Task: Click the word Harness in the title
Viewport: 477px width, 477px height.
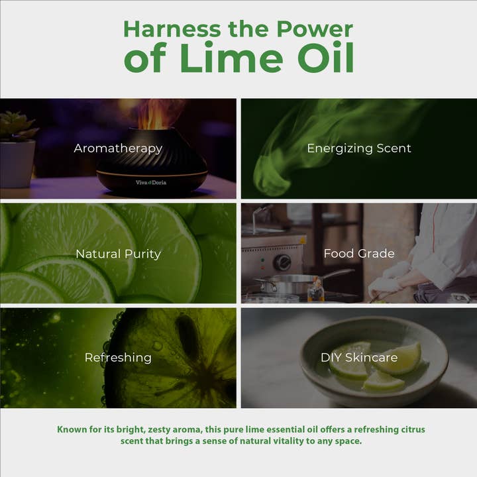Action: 172,29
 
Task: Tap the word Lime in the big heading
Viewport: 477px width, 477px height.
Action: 231,58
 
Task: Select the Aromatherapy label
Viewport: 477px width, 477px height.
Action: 118,149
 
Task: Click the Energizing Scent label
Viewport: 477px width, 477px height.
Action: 359,148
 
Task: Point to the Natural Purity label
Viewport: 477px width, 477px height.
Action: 118,254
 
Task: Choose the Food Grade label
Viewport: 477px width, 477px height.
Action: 359,253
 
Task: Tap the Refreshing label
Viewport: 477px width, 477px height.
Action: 118,358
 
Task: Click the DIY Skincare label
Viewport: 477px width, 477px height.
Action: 359,358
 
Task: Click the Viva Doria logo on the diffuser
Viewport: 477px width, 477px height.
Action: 151,183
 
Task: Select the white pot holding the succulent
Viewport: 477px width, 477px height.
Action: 17,164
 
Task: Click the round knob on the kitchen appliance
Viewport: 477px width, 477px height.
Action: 282,262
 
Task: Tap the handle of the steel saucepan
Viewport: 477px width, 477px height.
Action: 337,274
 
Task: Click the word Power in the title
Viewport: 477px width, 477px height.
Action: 315,29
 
